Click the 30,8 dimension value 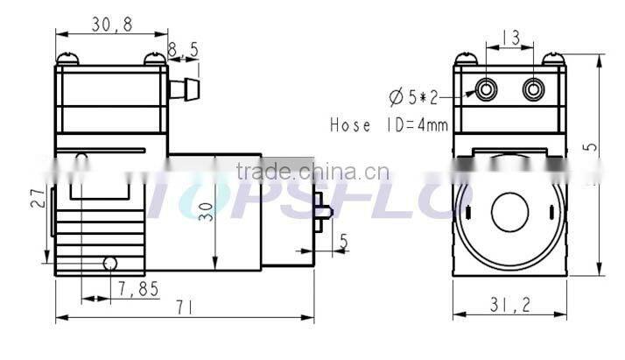tap(112, 25)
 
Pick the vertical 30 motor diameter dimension tap(205, 211)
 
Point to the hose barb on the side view tap(184, 88)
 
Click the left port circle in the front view tap(486, 88)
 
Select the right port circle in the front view tap(533, 88)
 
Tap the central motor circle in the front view tap(510, 211)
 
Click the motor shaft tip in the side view tap(327, 212)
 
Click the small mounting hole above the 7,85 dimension tap(109, 263)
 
